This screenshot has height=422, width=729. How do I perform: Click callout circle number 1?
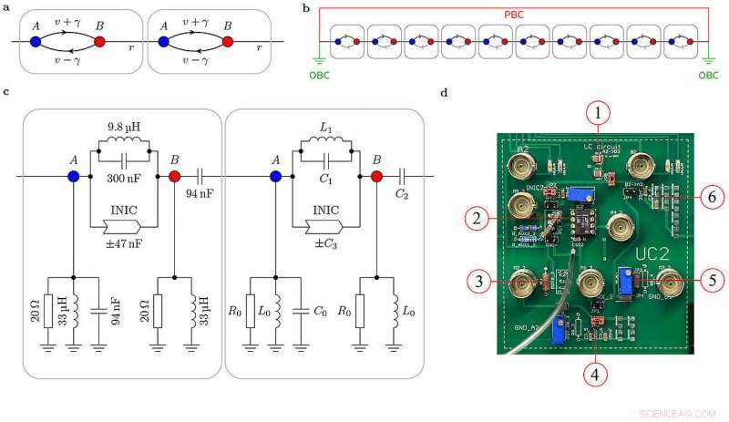coord(597,113)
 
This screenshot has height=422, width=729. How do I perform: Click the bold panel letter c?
coord(7,92)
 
